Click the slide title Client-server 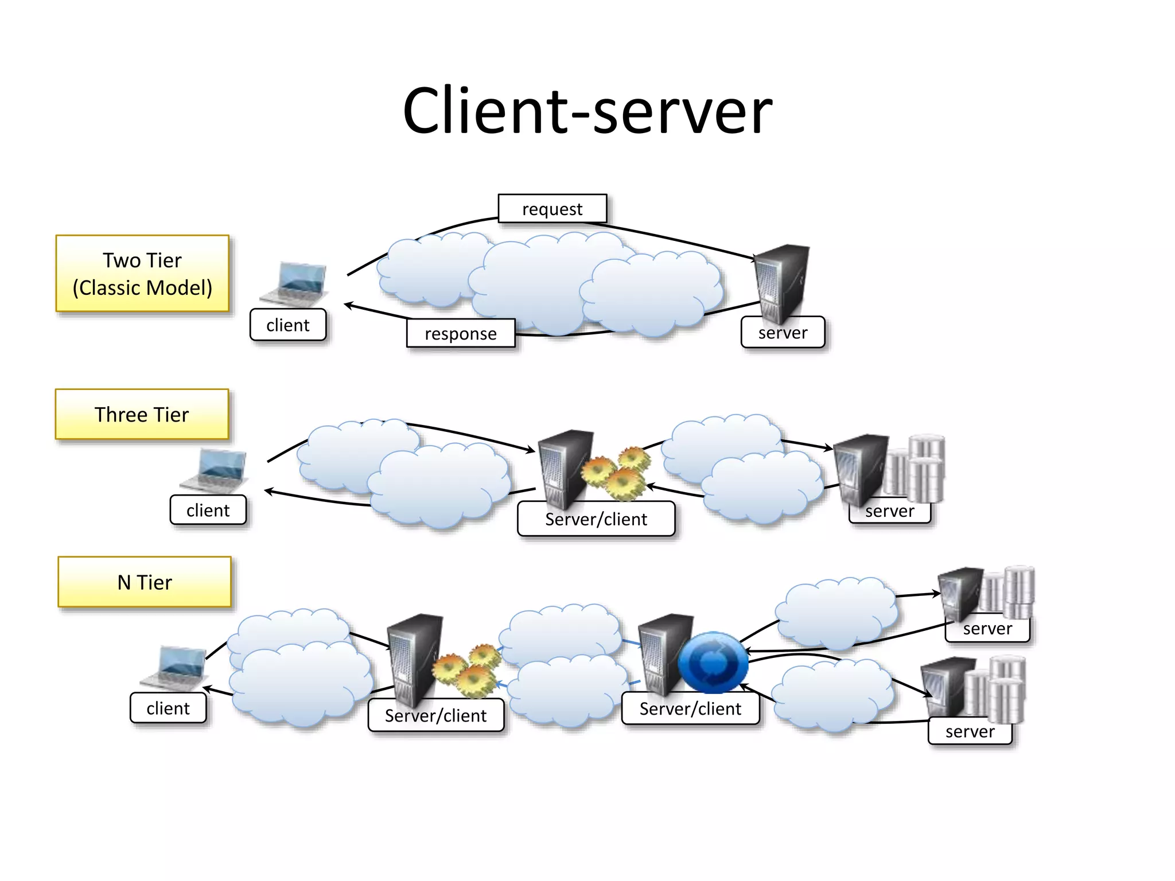tap(587, 111)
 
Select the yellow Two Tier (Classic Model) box tap(142, 274)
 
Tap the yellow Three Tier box tap(142, 414)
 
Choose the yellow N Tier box tap(145, 582)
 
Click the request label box tap(552, 209)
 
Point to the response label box tap(461, 333)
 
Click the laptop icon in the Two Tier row tap(295, 284)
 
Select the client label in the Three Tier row tap(208, 510)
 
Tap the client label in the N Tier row tap(168, 708)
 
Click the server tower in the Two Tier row tap(781, 281)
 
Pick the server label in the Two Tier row tap(783, 333)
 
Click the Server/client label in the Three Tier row tap(596, 519)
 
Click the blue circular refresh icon tap(713, 662)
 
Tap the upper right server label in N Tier tap(987, 629)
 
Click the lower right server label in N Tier tap(970, 731)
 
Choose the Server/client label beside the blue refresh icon tap(690, 709)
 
